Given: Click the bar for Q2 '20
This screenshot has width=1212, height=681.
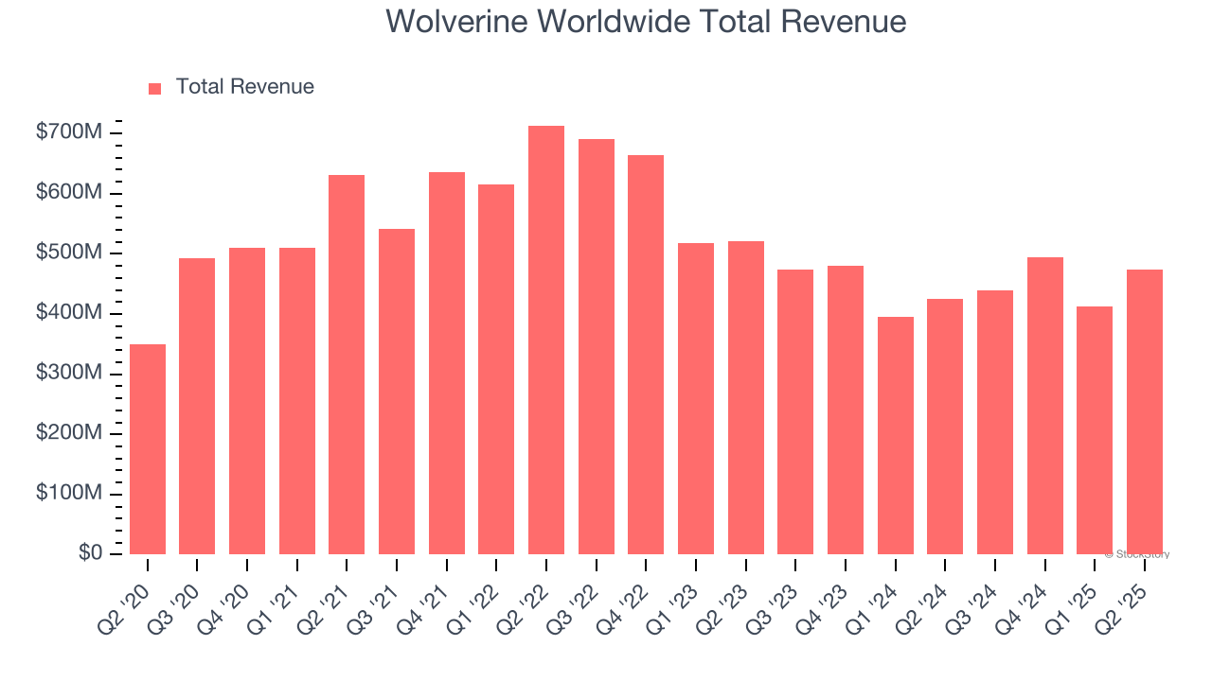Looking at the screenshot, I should pyautogui.click(x=148, y=449).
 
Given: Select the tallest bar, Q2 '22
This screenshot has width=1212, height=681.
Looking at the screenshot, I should pyautogui.click(x=546, y=340).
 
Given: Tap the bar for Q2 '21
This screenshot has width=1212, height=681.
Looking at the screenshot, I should pyautogui.click(x=347, y=365).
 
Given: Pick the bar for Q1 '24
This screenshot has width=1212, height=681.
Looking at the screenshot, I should pyautogui.click(x=895, y=436).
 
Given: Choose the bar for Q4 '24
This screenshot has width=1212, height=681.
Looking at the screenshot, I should pyautogui.click(x=1044, y=406).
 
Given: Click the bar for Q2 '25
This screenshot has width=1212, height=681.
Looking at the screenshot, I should pyautogui.click(x=1144, y=412).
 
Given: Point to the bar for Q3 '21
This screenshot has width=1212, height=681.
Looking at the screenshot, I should pyautogui.click(x=397, y=392).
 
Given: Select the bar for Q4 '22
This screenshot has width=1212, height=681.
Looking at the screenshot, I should pyautogui.click(x=646, y=355).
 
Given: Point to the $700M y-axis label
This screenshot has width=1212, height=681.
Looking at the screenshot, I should pyautogui.click(x=68, y=132).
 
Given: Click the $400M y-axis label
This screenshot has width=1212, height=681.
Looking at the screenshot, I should pyautogui.click(x=68, y=313).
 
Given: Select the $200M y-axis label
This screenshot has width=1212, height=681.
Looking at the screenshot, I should pyautogui.click(x=68, y=433).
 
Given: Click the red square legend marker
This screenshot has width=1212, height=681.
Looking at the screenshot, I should pyautogui.click(x=155, y=88).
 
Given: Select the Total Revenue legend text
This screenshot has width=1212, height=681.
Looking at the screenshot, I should pyautogui.click(x=244, y=87).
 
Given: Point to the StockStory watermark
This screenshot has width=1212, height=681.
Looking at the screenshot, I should pyautogui.click(x=1137, y=554).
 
